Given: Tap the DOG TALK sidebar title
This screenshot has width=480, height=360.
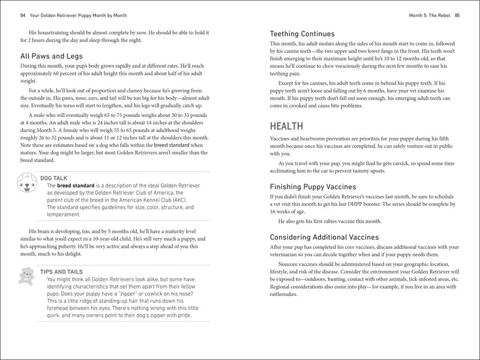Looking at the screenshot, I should [x=58, y=178].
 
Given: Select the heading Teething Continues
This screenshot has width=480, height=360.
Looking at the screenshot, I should [x=302, y=34].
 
